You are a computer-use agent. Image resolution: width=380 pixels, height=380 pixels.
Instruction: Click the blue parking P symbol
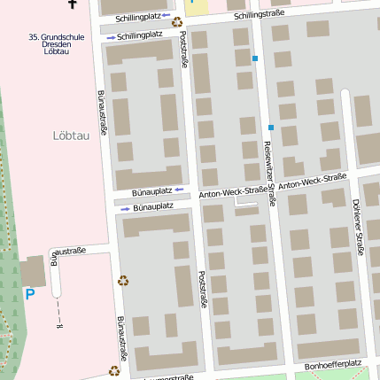(30, 293)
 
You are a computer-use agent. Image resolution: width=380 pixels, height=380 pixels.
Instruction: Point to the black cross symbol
(72, 4)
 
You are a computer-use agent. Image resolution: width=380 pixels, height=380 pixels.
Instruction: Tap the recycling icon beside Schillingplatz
(177, 22)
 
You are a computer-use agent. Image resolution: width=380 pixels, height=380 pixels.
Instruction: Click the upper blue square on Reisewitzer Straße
(255, 58)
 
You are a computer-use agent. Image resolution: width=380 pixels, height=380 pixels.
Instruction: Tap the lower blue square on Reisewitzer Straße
(271, 128)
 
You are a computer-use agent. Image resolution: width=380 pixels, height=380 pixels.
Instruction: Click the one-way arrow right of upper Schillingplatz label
(165, 16)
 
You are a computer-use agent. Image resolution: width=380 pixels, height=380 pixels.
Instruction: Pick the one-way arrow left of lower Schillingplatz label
(110, 36)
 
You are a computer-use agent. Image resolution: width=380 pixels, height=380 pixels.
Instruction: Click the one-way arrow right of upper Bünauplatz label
(178, 190)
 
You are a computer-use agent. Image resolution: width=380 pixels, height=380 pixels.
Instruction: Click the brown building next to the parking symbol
(34, 270)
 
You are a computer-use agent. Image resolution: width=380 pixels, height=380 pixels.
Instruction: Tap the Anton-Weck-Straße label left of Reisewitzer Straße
(233, 192)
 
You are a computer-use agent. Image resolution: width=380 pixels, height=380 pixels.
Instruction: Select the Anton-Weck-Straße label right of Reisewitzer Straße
(312, 182)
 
